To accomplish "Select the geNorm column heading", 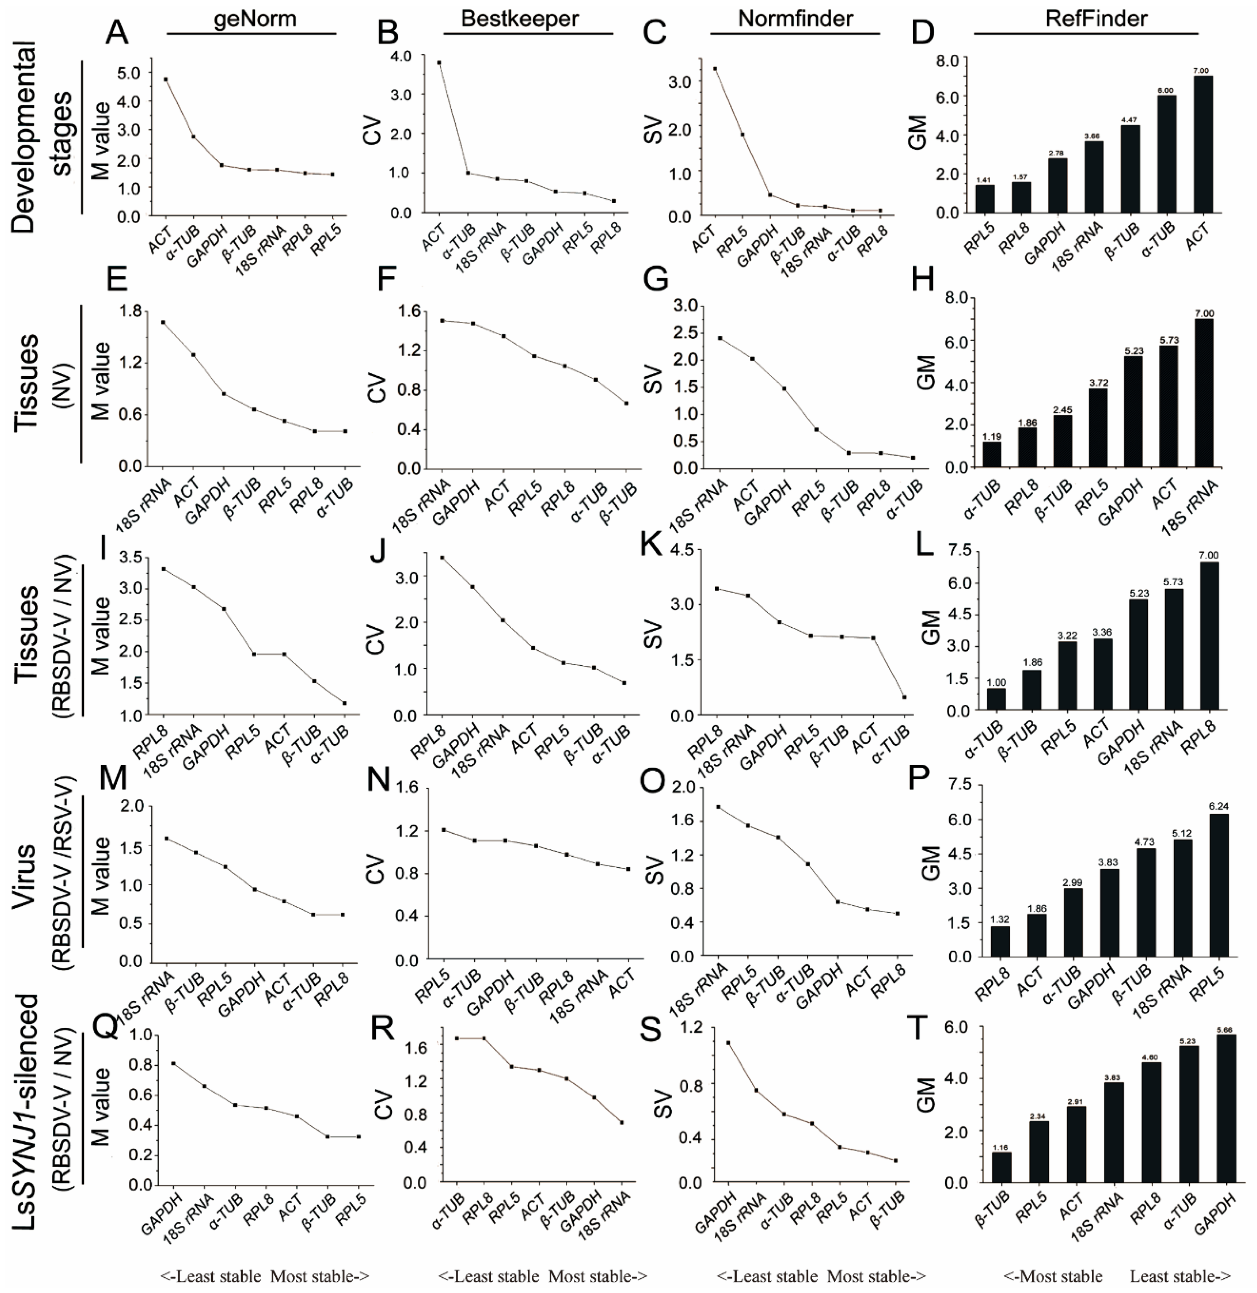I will [x=255, y=18].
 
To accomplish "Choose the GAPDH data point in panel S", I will [x=728, y=1043].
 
